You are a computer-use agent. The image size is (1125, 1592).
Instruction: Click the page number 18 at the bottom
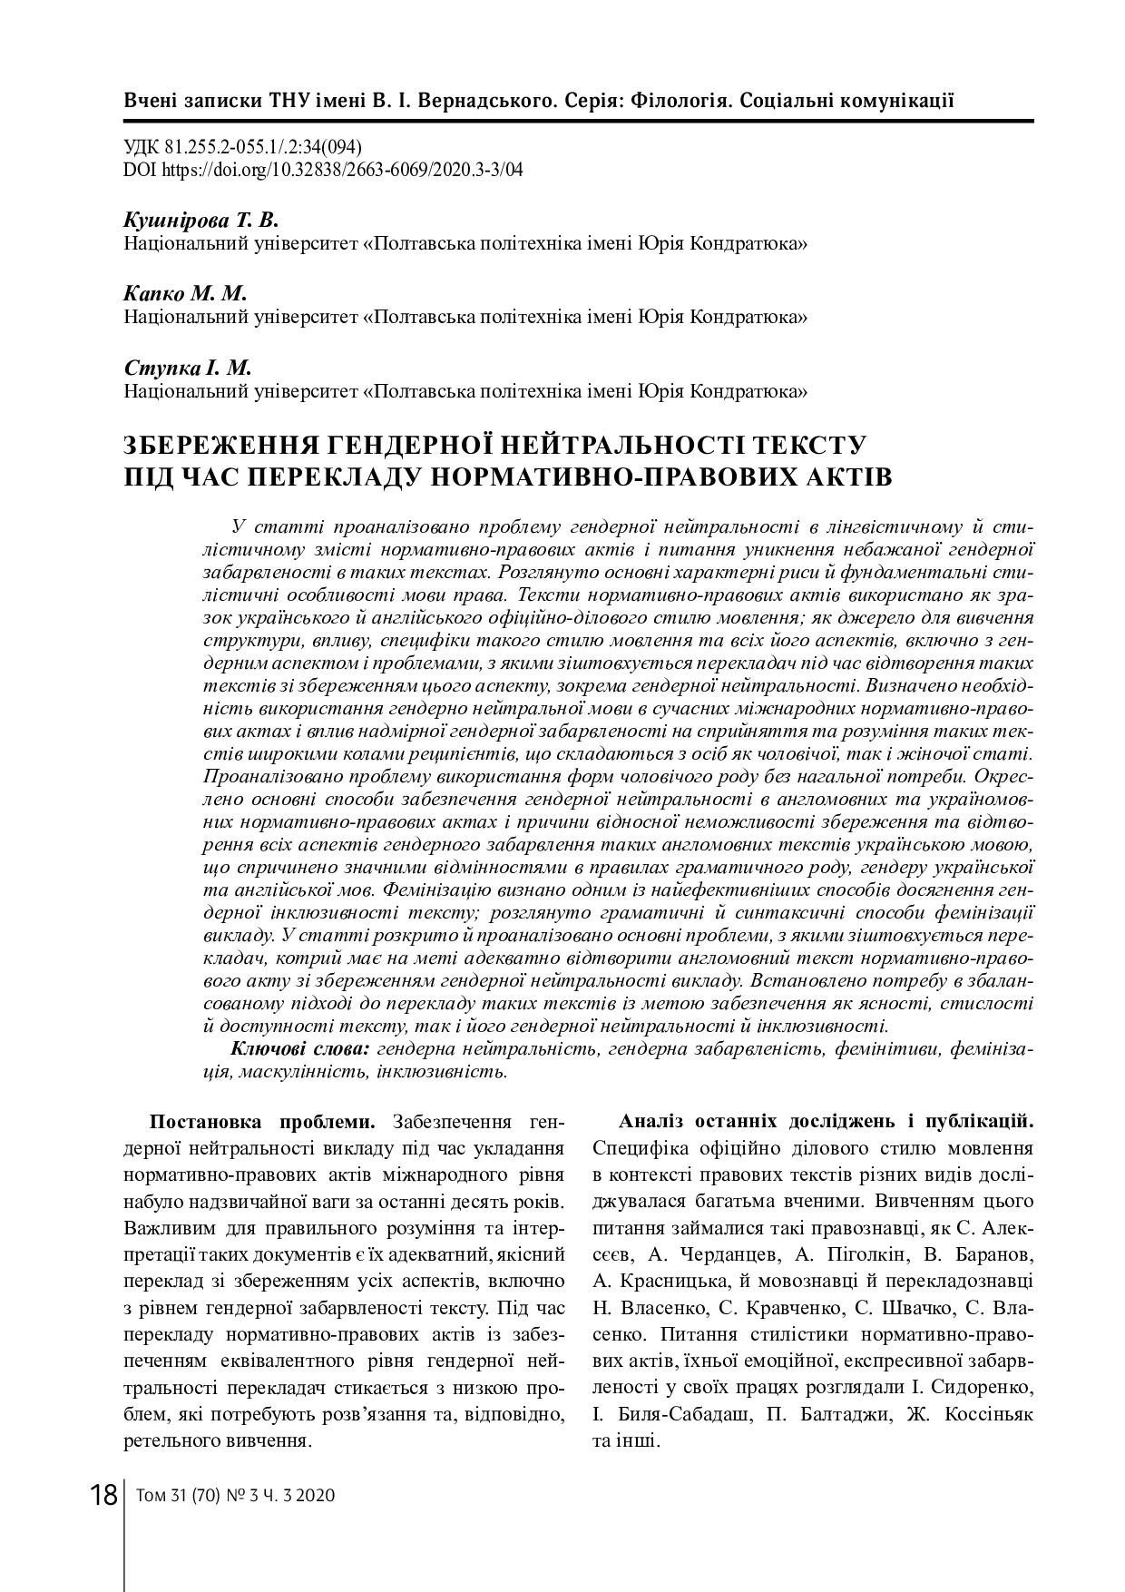pyautogui.click(x=103, y=1494)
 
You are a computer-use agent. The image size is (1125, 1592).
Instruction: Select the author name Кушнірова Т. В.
pyautogui.click(x=201, y=221)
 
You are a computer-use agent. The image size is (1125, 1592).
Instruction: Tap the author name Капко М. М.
pyautogui.click(x=185, y=294)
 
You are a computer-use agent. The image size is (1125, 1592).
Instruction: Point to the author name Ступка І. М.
pyautogui.click(x=187, y=368)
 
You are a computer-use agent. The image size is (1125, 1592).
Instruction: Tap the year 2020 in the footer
pyautogui.click(x=316, y=1495)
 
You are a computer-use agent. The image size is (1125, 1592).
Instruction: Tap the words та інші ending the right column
pyautogui.click(x=626, y=1441)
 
